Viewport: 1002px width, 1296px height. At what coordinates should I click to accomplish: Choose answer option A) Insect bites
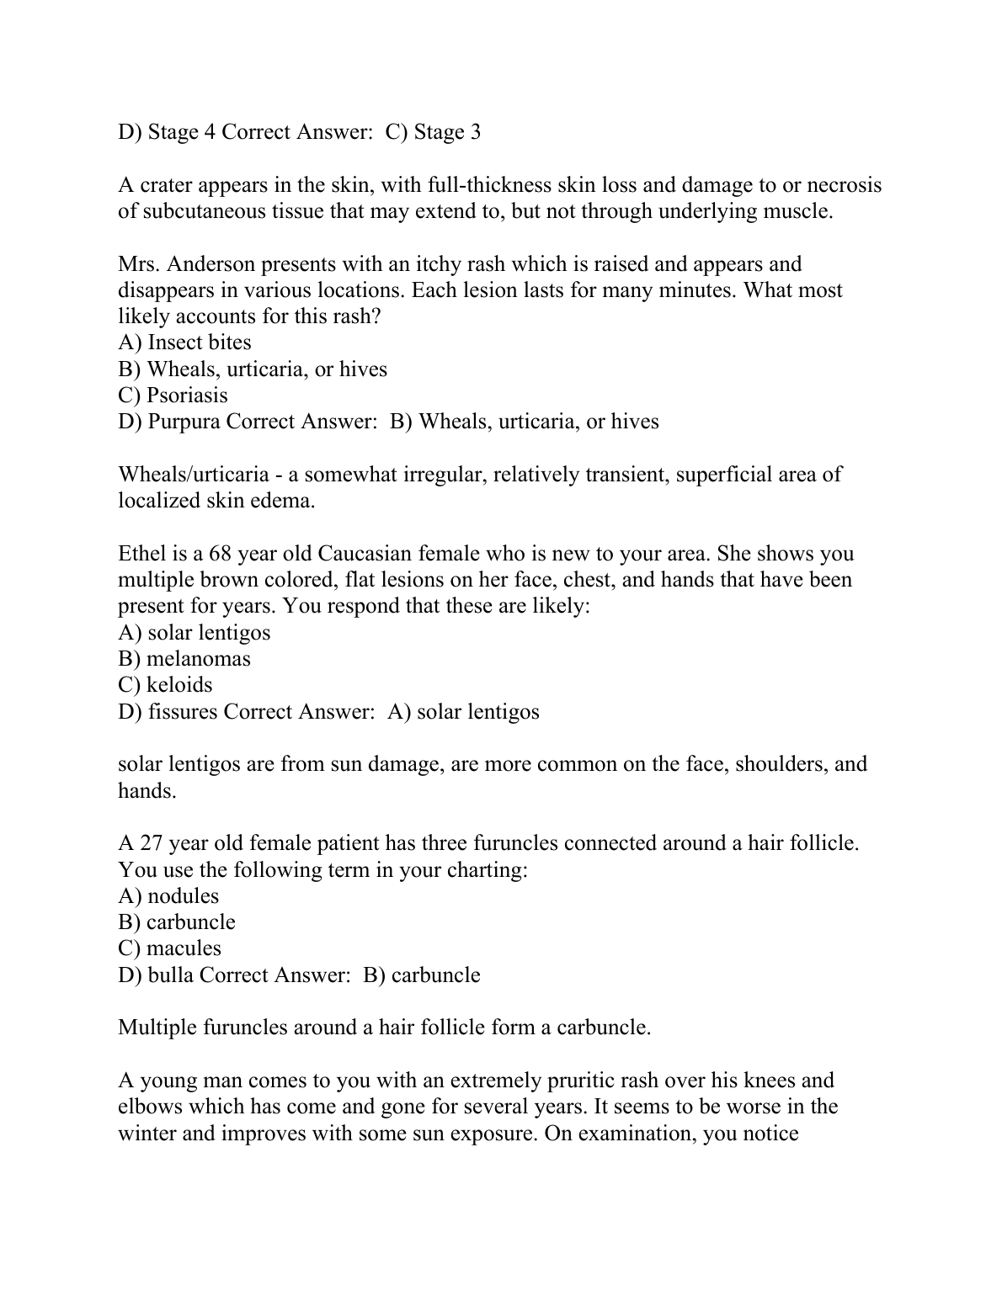click(184, 343)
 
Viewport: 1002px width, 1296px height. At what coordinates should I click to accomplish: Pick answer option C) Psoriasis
click(173, 396)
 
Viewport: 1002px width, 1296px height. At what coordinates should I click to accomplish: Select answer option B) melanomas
click(184, 659)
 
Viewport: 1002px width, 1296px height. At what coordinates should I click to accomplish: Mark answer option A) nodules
click(168, 896)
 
